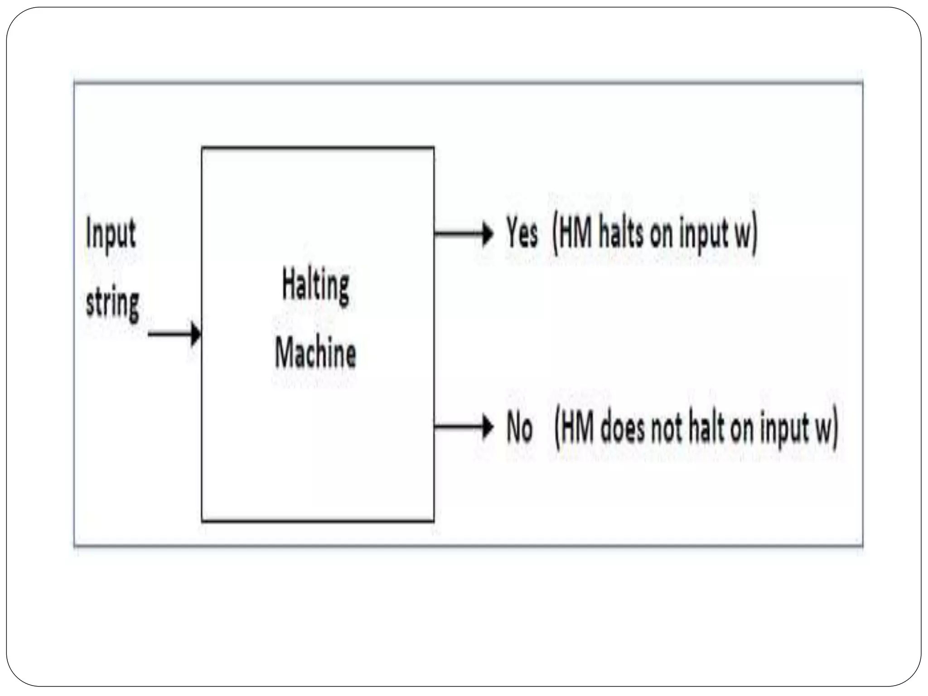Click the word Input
pyautogui.click(x=111, y=234)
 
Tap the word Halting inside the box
pyautogui.click(x=316, y=285)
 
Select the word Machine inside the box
pyautogui.click(x=315, y=353)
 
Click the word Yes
pyautogui.click(x=522, y=234)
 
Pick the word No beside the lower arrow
pyautogui.click(x=519, y=428)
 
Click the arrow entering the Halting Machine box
pyautogui.click(x=174, y=334)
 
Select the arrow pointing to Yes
pyautogui.click(x=464, y=234)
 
